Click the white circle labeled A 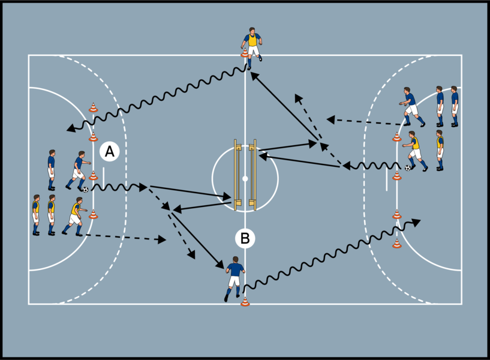(109, 152)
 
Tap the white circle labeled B (245, 238)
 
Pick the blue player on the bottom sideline (233, 277)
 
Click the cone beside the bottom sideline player (245, 301)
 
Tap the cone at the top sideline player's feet (245, 54)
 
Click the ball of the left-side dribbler (85, 190)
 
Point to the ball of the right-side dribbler (408, 168)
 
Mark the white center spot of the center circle (245, 178)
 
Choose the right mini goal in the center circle (254, 176)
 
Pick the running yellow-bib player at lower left (74, 216)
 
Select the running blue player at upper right (411, 107)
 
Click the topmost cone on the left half (93, 108)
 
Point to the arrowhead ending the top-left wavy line (70, 128)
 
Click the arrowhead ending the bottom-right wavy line (417, 223)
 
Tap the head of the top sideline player (252, 31)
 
